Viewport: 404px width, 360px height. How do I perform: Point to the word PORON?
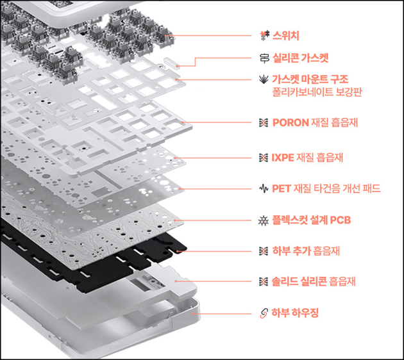coord(290,122)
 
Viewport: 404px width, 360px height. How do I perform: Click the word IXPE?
coord(284,156)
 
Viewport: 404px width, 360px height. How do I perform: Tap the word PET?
coord(282,188)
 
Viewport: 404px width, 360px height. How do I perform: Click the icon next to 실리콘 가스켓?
coord(262,58)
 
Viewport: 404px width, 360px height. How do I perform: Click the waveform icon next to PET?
coord(262,188)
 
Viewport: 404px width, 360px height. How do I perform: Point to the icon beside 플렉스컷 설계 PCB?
coord(262,220)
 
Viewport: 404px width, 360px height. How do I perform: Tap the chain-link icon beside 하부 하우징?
coord(262,313)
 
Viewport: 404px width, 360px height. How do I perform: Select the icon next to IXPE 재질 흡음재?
coord(262,156)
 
